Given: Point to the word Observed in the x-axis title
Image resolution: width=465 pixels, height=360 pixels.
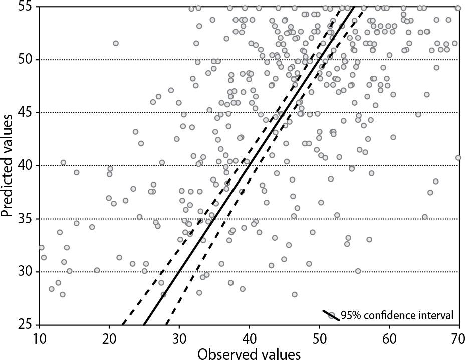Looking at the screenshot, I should [x=226, y=353].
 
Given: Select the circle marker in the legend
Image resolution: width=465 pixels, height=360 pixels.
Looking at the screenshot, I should [x=331, y=315].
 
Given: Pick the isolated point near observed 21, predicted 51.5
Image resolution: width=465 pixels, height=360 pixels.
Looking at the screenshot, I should [x=116, y=43].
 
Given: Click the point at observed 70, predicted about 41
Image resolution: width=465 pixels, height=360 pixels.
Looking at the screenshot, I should [x=458, y=157].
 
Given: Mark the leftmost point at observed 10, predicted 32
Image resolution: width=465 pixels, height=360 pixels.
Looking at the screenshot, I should [x=41, y=247].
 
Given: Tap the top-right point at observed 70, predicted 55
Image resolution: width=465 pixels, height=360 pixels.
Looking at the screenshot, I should [x=458, y=8].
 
